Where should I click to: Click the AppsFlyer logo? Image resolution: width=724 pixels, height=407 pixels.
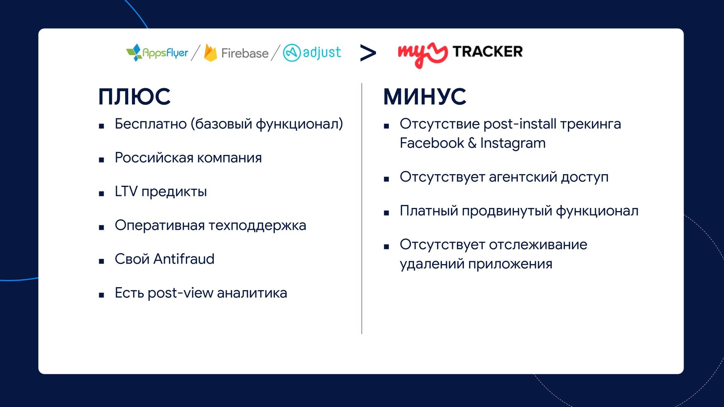coord(157,53)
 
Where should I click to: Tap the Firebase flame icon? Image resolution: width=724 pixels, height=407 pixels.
coord(210,53)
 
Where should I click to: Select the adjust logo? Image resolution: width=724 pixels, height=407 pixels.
coord(312,53)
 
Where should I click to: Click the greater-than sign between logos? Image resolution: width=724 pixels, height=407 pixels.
coord(368,53)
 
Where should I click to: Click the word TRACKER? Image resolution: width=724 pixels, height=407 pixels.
coord(488,52)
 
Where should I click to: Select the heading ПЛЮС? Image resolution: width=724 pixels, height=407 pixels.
coord(134,96)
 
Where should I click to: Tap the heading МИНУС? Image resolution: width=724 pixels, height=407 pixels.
coord(425,96)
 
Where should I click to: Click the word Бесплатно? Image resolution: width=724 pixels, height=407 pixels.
coord(150,124)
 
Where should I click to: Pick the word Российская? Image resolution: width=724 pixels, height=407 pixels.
coord(154,158)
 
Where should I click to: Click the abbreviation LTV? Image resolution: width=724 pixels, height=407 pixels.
coord(126,191)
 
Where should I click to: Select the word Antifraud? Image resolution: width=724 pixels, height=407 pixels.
coord(184,259)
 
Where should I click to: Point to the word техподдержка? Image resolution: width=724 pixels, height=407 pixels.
coord(257,225)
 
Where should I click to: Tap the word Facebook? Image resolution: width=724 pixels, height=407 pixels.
coord(432,143)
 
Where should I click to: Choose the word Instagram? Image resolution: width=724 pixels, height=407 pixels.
coord(513,144)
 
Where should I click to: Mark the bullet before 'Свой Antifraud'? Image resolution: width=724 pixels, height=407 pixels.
coord(101,261)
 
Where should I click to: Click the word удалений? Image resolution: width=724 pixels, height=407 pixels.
coord(432,264)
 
